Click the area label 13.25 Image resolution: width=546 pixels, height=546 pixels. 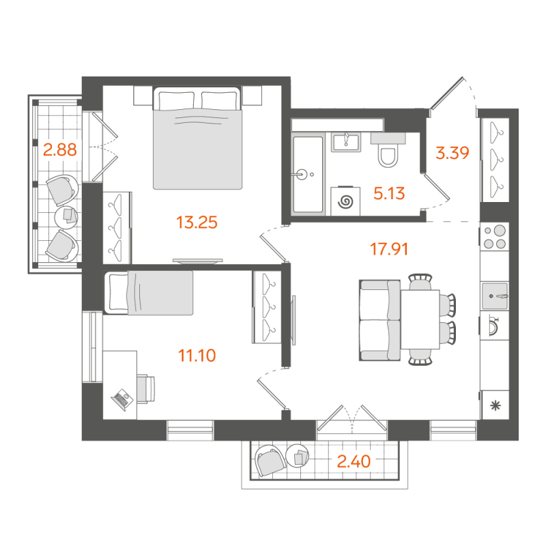197,222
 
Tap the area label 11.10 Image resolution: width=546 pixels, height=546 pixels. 197,355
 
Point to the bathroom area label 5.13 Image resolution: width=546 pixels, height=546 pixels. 390,194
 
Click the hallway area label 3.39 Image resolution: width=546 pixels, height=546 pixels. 452,153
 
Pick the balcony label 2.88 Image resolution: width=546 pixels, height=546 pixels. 59,149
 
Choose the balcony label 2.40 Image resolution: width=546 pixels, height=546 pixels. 354,462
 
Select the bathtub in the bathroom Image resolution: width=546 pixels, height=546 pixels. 307,174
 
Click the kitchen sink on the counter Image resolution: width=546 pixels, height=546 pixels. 495,296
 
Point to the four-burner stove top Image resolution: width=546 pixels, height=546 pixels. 495,237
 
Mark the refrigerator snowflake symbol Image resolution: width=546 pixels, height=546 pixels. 495,406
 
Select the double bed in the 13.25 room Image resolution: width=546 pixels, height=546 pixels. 198,140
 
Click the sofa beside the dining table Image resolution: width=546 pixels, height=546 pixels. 379,321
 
